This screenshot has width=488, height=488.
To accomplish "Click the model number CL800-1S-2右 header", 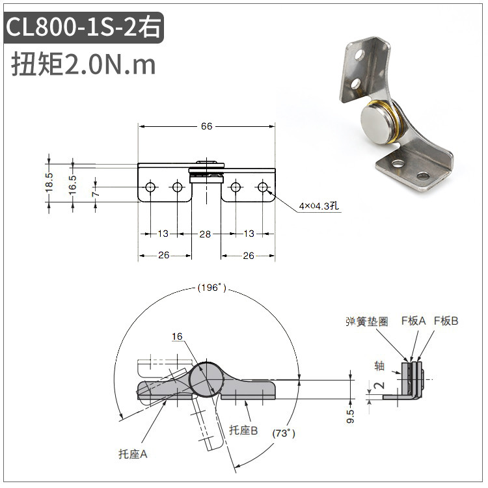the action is (x=83, y=27).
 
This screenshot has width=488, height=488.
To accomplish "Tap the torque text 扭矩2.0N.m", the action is (x=83, y=64).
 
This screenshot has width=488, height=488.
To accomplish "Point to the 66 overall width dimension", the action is (x=206, y=126).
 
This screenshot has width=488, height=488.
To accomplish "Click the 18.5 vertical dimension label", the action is (x=49, y=182).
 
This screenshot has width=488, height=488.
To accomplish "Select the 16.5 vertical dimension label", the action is (x=72, y=185).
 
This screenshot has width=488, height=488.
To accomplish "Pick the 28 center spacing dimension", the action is (x=205, y=234).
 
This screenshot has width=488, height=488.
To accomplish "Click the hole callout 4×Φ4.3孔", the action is (x=319, y=206).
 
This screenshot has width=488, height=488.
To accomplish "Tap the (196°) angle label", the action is (x=211, y=288).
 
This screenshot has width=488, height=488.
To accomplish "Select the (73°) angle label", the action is (x=284, y=433).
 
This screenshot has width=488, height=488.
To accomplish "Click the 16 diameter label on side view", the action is (x=177, y=336).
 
